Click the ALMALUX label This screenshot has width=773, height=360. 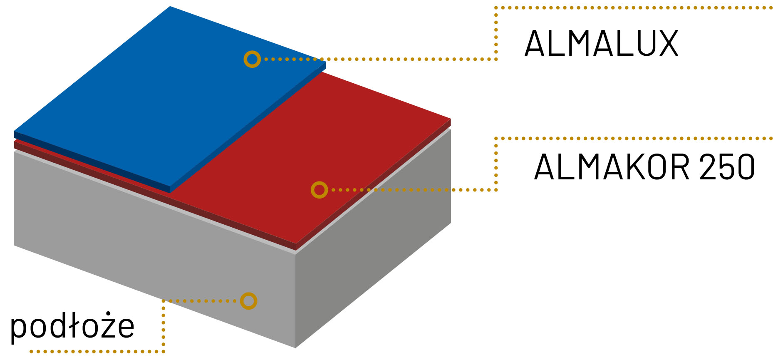click(602, 43)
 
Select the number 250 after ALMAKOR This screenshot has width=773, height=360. click(727, 167)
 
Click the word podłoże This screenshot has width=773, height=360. click(72, 326)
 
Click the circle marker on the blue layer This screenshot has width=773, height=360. click(252, 59)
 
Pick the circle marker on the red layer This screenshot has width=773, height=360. click(319, 190)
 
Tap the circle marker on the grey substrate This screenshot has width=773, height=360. click(248, 301)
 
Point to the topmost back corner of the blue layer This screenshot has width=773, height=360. click(170, 7)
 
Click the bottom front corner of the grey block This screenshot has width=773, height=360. click(295, 347)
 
